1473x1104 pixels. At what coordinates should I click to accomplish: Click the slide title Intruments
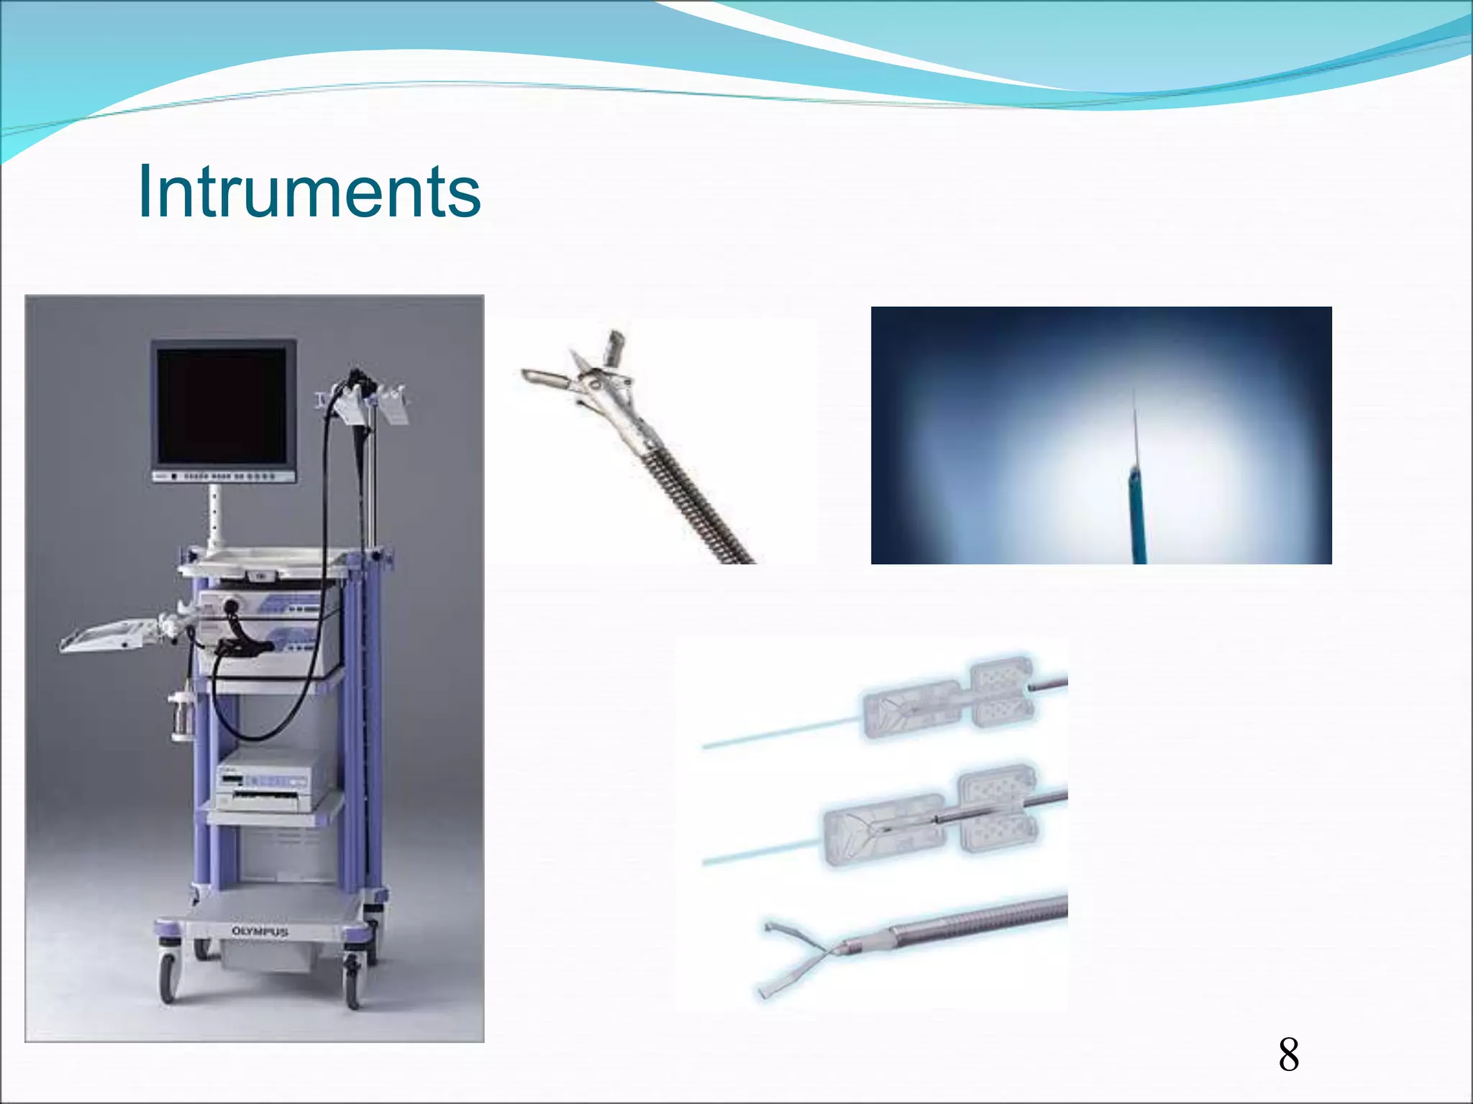309,191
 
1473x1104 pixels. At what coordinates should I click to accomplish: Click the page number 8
1288,1055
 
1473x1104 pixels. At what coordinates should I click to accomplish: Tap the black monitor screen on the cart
222,405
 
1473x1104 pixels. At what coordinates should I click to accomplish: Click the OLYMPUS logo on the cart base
260,931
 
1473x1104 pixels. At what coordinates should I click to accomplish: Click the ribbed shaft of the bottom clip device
978,920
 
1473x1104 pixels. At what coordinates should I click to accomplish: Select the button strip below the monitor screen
224,476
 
